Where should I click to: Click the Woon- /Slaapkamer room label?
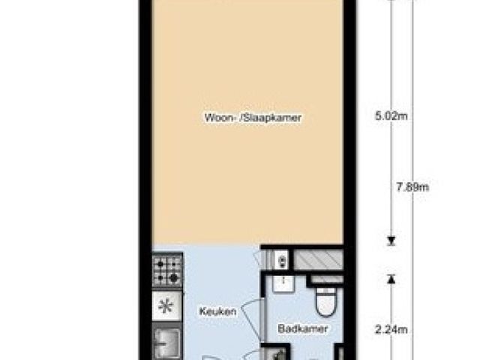[x=253, y=118]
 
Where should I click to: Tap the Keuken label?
[x=218, y=312]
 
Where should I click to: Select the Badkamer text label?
[x=303, y=329]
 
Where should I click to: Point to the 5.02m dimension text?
[x=391, y=116]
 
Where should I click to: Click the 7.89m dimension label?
[x=412, y=187]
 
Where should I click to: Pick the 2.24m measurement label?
[x=391, y=330]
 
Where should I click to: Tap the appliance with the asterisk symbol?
[x=167, y=306]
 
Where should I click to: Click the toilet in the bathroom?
[x=325, y=301]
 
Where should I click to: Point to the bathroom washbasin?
[x=283, y=283]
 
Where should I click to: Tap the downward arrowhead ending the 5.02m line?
[x=391, y=241]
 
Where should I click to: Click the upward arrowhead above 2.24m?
[x=391, y=279]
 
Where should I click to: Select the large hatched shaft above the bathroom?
[x=318, y=260]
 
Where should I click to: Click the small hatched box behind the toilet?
[x=327, y=279]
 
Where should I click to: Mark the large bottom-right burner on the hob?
[x=174, y=277]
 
